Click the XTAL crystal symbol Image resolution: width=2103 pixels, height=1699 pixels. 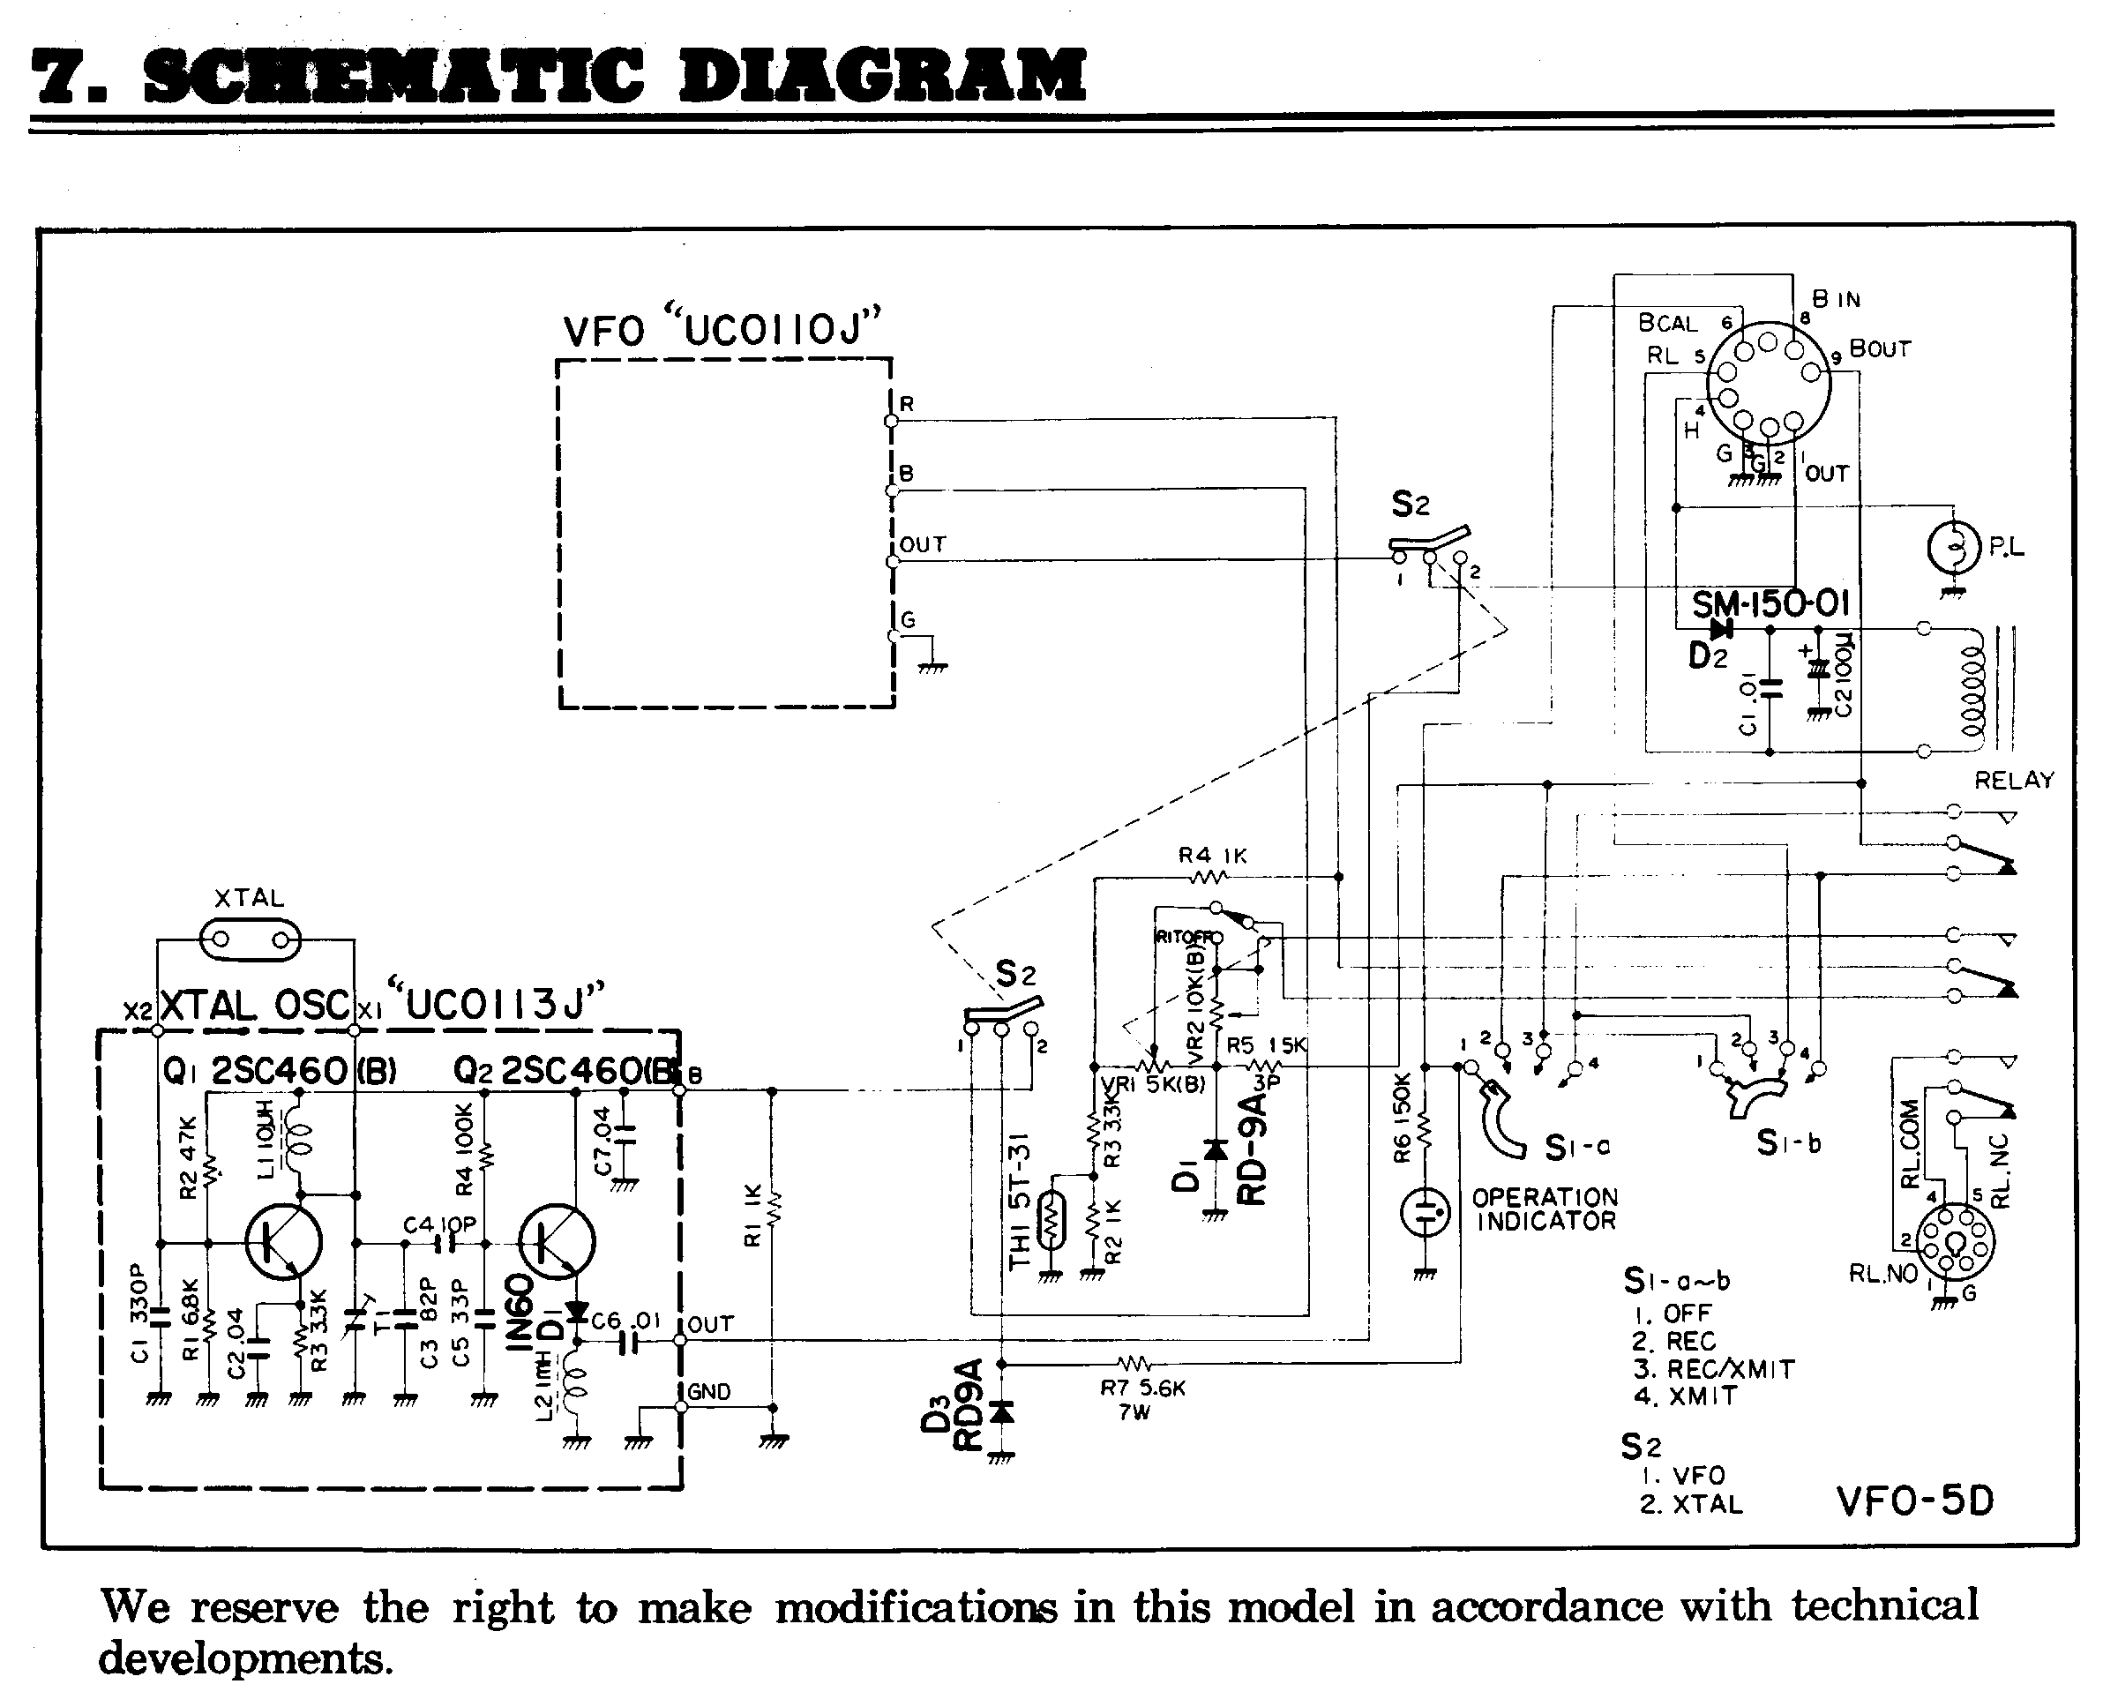pyautogui.click(x=251, y=941)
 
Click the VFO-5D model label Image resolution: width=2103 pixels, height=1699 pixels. pyautogui.click(x=1914, y=1500)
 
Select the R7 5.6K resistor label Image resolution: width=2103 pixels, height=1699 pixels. pyautogui.click(x=1142, y=1388)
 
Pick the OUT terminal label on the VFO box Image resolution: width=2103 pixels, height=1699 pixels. pyautogui.click(x=923, y=544)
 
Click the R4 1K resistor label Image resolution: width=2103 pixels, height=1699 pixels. pyautogui.click(x=1212, y=856)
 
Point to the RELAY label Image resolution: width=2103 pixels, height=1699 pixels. pyautogui.click(x=2014, y=780)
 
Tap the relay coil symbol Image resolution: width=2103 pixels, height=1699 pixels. pyautogui.click(x=1971, y=691)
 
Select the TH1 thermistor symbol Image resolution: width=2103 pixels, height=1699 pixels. pyautogui.click(x=1051, y=1219)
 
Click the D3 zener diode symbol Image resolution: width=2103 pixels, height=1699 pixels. pyautogui.click(x=1001, y=1411)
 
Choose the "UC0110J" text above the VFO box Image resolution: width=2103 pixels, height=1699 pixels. pyautogui.click(x=773, y=328)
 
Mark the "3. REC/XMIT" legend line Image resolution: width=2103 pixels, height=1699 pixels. pyautogui.click(x=1712, y=1368)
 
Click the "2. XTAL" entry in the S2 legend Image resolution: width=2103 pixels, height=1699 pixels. pyautogui.click(x=1691, y=1503)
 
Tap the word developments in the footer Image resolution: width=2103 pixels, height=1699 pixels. pyautogui.click(x=244, y=1658)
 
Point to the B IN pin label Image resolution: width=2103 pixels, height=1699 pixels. pyautogui.click(x=1836, y=299)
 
